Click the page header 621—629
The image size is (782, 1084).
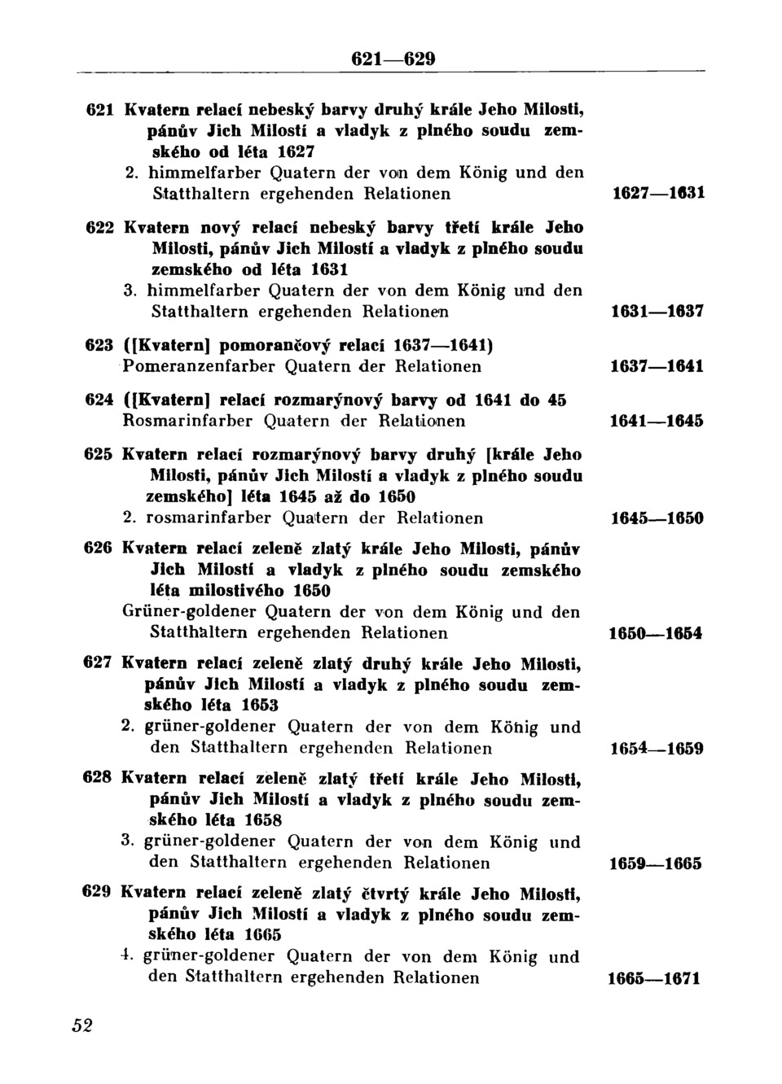393,59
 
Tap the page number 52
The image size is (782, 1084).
82,1025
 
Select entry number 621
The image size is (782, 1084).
99,109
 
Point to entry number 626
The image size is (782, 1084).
98,549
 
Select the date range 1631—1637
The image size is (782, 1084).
657,312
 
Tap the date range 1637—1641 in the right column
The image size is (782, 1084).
657,367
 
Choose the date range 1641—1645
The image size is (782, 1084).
657,422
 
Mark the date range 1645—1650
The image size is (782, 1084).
657,518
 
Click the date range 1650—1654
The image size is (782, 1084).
657,633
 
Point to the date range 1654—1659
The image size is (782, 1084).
657,749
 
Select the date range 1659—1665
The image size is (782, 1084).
657,863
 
